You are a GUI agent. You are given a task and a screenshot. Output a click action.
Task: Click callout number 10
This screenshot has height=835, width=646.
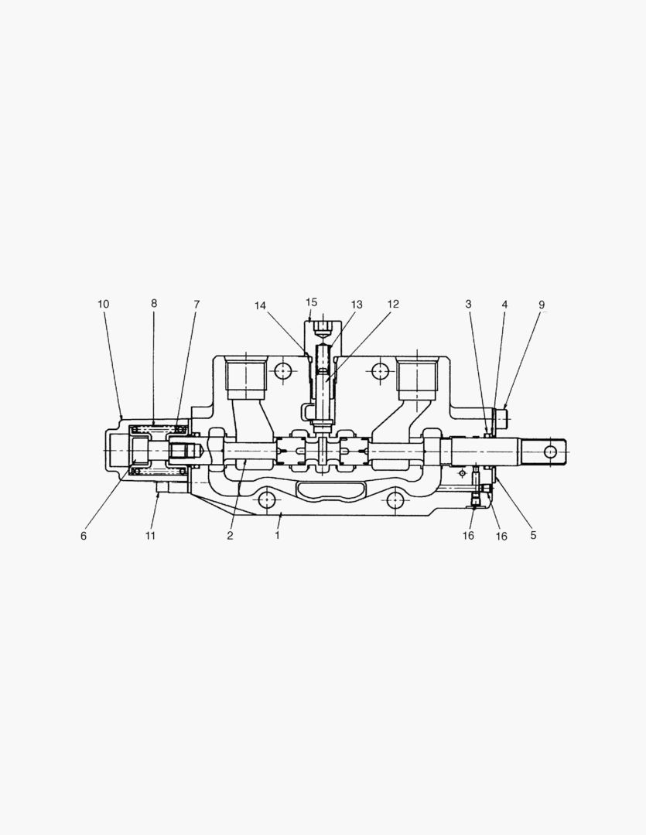click(x=104, y=304)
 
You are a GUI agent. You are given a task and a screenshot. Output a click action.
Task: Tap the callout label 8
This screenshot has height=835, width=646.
click(x=154, y=304)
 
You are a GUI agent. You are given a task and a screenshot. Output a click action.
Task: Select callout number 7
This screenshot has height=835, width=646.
click(x=197, y=305)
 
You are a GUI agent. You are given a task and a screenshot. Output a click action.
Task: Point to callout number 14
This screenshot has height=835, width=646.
click(x=260, y=305)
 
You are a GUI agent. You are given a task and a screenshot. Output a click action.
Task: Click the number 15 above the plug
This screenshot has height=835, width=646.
click(x=311, y=302)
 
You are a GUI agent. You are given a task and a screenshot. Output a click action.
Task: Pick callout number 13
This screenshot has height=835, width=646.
click(x=357, y=305)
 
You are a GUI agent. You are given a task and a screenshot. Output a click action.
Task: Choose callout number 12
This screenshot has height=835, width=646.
click(x=393, y=304)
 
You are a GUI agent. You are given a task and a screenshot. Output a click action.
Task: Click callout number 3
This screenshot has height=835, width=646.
click(x=469, y=304)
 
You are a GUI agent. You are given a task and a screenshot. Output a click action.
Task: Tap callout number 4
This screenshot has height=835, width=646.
click(x=504, y=305)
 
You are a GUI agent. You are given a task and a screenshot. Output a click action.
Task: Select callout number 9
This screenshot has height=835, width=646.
click(x=542, y=305)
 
